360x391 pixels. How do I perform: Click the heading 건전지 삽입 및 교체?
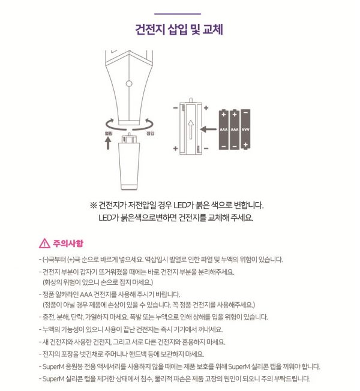point(179,29)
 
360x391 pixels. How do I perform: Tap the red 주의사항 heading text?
point(68,243)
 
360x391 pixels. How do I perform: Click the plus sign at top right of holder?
point(205,109)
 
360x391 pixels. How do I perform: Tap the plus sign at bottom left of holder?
point(175,148)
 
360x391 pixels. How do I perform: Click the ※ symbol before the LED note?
point(93,204)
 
